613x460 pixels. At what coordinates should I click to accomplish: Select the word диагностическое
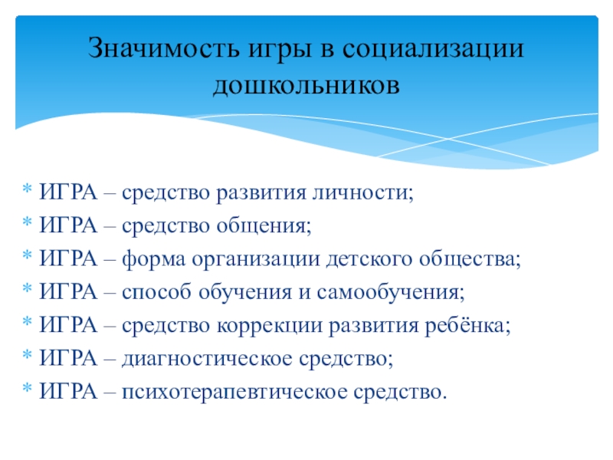[199, 359]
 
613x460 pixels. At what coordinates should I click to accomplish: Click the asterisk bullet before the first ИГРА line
[27, 192]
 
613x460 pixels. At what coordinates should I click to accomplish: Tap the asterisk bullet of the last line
[27, 393]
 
